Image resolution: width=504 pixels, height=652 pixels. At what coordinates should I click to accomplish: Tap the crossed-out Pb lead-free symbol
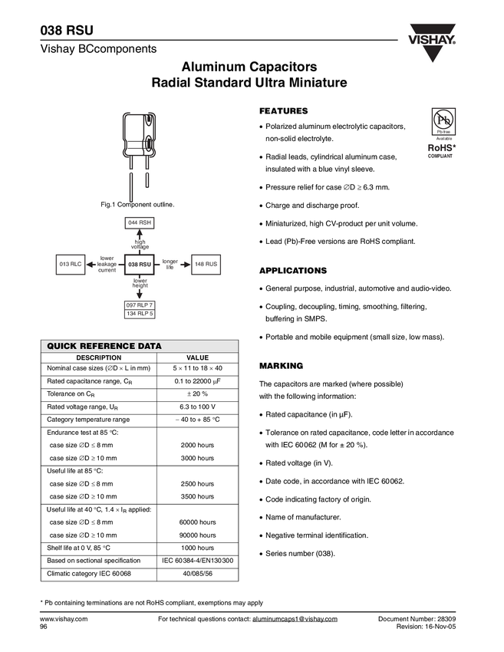440,120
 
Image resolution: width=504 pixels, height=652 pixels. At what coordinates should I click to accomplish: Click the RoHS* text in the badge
440,147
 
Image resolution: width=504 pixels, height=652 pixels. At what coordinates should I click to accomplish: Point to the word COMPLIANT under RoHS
440,156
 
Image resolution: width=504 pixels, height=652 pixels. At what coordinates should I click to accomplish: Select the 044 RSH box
139,222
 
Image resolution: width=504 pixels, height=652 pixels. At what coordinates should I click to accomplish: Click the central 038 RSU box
139,264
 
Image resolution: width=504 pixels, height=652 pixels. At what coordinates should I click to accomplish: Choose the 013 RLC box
71,264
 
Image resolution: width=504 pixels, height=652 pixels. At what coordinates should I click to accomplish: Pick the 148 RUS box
206,264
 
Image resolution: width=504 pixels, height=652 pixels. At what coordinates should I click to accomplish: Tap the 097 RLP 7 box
139,305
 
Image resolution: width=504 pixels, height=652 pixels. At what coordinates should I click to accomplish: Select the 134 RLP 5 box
139,314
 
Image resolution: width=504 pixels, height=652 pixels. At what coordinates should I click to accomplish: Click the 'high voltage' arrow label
140,244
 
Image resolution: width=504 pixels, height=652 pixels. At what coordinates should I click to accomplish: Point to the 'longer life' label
170,264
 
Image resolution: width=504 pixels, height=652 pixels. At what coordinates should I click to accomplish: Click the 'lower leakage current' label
107,264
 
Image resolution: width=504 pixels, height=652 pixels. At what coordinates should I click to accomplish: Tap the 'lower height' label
140,283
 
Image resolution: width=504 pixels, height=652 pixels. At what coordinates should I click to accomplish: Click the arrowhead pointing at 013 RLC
90,264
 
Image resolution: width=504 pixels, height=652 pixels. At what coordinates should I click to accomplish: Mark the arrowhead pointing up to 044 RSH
139,232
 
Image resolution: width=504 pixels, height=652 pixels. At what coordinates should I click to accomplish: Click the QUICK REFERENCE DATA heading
104,347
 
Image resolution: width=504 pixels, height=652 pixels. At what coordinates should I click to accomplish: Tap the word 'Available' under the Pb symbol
440,138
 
